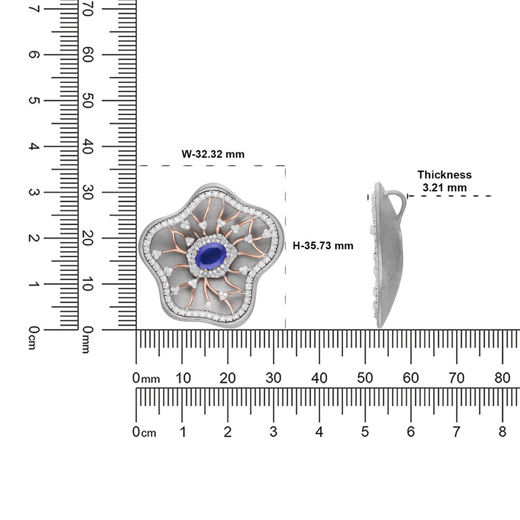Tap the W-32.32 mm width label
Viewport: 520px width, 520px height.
tap(213, 154)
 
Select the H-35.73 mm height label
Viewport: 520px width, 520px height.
tap(323, 246)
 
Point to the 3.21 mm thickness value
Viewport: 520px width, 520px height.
tap(444, 188)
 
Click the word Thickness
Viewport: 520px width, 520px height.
tap(444, 174)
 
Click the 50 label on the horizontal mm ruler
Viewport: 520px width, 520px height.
tap(365, 378)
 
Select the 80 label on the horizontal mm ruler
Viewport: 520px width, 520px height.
tap(502, 378)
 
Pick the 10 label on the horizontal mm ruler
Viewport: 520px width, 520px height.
tap(183, 378)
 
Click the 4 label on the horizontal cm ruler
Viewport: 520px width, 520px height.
tap(319, 432)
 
